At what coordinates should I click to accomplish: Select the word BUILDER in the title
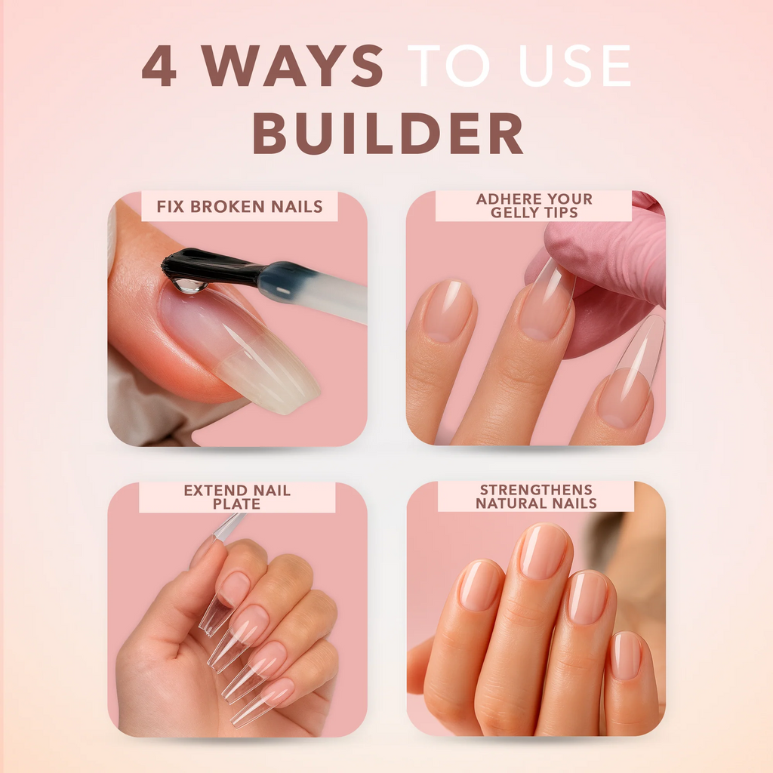[387, 134]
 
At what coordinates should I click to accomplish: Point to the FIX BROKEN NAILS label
[239, 206]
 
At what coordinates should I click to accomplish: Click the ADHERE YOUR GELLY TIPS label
[534, 205]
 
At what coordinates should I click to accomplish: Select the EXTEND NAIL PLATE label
[237, 497]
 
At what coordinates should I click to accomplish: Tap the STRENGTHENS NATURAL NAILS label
[536, 496]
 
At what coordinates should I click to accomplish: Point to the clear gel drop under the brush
[188, 285]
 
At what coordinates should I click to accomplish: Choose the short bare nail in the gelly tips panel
[447, 310]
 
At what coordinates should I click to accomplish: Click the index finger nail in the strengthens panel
[479, 585]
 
